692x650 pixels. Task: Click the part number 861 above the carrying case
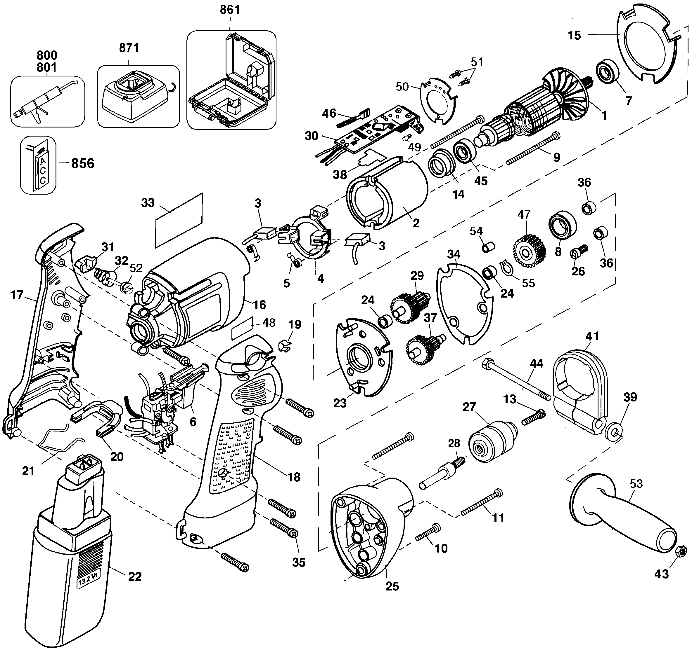[230, 10]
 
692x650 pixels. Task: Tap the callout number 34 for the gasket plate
[454, 254]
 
